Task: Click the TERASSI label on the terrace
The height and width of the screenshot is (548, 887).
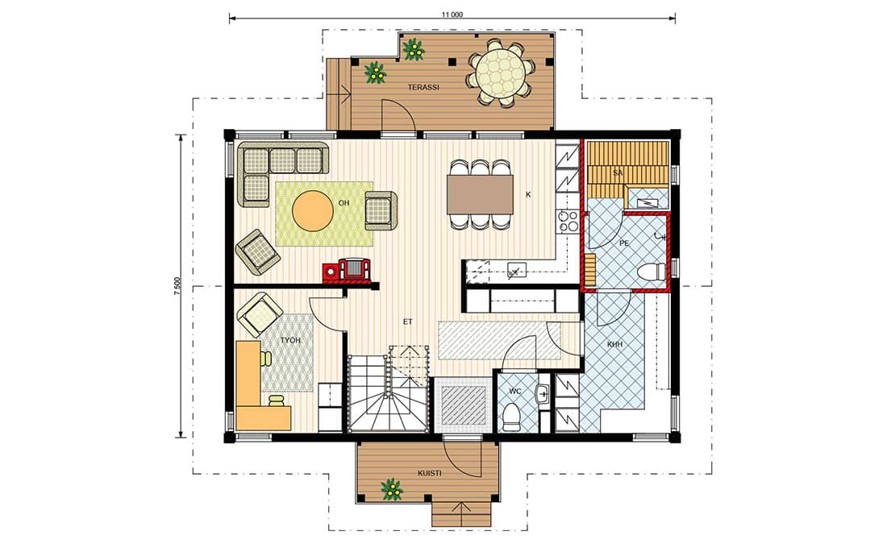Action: pos(423,88)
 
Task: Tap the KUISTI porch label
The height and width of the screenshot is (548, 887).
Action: pos(429,473)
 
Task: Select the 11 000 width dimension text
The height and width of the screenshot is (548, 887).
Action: pos(452,15)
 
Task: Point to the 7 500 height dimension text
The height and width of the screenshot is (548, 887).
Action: pos(177,286)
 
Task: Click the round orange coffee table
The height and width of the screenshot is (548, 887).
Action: pos(312,210)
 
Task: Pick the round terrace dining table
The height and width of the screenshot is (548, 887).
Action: pos(501,73)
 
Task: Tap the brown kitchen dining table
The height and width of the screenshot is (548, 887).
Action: pos(480,194)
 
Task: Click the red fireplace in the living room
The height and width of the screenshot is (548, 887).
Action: pos(348,270)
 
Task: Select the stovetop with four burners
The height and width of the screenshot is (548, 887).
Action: pos(568,221)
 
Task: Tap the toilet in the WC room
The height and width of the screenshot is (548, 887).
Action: pos(512,416)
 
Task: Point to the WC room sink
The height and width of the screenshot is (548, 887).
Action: pos(543,394)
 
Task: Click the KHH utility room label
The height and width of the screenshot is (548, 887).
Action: pos(615,344)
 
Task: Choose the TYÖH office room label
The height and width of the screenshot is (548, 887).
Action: pos(290,340)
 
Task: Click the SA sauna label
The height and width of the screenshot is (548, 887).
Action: pos(618,173)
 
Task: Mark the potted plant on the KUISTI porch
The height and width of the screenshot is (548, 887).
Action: pos(390,489)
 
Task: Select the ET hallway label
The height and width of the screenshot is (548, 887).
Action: pos(408,322)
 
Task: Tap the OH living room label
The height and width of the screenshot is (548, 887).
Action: pos(344,203)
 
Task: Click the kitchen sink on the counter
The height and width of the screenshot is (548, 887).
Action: pos(516,270)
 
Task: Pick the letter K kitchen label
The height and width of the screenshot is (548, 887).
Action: pos(528,194)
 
